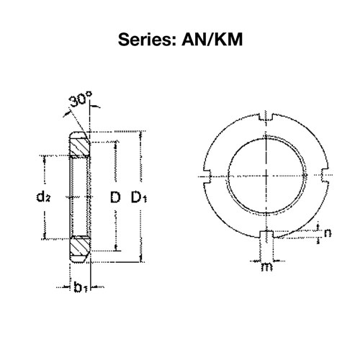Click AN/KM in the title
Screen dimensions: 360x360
click(212, 40)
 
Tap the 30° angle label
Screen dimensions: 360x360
click(80, 99)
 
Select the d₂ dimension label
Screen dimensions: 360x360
click(43, 197)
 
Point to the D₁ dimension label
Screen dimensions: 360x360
click(139, 197)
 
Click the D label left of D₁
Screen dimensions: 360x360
click(115, 197)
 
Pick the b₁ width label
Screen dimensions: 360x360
click(81, 287)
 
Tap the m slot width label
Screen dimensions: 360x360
click(266, 266)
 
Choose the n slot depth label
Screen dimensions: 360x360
click(328, 233)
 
